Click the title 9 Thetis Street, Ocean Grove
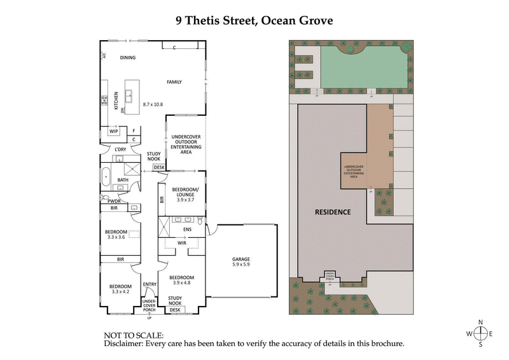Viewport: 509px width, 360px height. coord(254,20)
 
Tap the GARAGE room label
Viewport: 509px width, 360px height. coord(241,259)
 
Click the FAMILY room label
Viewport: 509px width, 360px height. coord(174,82)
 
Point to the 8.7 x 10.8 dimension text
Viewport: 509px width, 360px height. coord(153,104)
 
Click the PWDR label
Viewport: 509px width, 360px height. coord(114,200)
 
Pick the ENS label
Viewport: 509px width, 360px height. coord(187,229)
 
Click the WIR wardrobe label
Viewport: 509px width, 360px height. coord(181,242)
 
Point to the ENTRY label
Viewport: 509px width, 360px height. coord(150,284)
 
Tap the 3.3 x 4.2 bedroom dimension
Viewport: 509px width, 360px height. coord(120,292)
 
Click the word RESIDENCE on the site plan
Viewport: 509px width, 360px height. coord(333,212)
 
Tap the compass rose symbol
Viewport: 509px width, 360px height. coord(481,333)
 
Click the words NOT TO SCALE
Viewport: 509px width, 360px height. coord(134,335)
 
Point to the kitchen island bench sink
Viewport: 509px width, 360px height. coord(129,96)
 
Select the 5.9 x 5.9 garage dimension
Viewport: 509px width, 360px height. coord(241,266)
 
